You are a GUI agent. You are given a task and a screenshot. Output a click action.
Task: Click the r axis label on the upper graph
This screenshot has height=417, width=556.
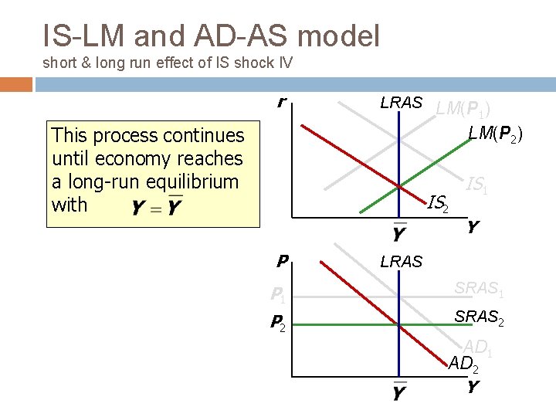pos(283,102)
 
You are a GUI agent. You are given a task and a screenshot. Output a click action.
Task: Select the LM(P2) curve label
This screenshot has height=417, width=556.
pos(495,134)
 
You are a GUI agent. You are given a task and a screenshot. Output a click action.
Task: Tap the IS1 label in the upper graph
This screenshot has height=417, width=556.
pos(476,184)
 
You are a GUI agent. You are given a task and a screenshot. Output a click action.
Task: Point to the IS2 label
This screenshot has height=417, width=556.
pos(438,204)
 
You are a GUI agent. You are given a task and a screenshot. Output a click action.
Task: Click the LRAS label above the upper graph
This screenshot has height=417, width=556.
pos(401,103)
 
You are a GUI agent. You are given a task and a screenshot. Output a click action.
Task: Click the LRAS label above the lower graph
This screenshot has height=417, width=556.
pos(401,262)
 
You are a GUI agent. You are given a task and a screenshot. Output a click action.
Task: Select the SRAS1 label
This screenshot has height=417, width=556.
pos(479,289)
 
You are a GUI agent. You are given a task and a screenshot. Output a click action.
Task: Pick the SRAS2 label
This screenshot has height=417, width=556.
pos(479,317)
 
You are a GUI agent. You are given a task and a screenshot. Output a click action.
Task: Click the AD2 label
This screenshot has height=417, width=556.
pos(464,363)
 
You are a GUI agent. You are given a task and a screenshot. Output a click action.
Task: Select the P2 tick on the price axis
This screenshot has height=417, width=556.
pos(277,323)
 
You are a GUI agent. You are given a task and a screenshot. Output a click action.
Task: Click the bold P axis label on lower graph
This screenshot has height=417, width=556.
pos(283,262)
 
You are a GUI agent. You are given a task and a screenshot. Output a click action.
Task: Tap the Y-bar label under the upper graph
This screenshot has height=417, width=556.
pos(398,232)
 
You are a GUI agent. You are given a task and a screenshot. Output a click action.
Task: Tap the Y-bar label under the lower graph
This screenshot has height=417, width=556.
pos(398,393)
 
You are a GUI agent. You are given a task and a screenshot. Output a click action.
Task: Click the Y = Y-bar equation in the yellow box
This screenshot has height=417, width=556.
pos(158,207)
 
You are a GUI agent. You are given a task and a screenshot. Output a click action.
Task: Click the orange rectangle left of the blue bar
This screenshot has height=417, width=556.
pos(16,83)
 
